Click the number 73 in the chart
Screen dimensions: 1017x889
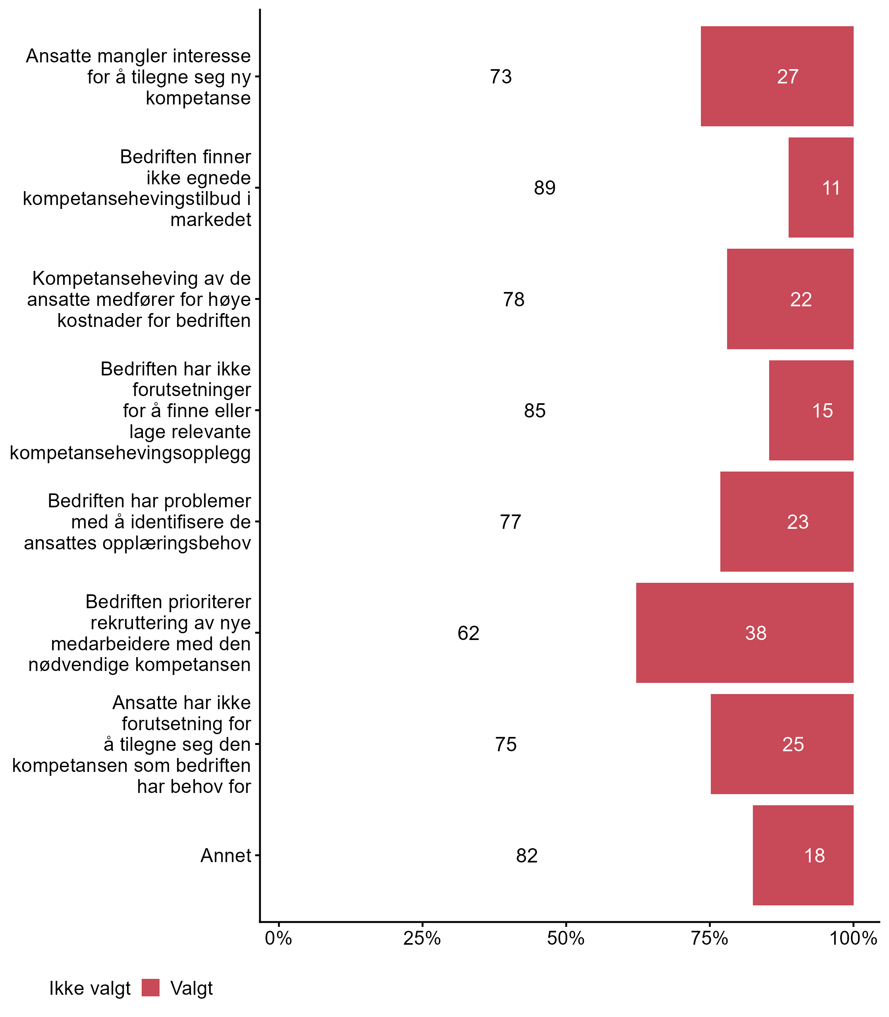point(500,76)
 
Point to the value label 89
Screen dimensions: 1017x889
point(544,188)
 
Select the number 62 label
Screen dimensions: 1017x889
point(468,633)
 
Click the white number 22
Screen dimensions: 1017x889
point(801,300)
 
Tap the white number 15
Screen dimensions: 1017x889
point(822,411)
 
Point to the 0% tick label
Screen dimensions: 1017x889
point(278,938)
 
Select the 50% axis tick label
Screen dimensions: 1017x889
point(566,938)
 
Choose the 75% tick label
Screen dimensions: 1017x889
point(710,938)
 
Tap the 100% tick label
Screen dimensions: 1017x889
point(853,938)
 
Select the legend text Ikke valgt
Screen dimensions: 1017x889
point(90,988)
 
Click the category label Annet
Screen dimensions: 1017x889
point(226,856)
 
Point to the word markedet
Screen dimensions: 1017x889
point(211,219)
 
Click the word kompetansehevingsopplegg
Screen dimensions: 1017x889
point(131,453)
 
